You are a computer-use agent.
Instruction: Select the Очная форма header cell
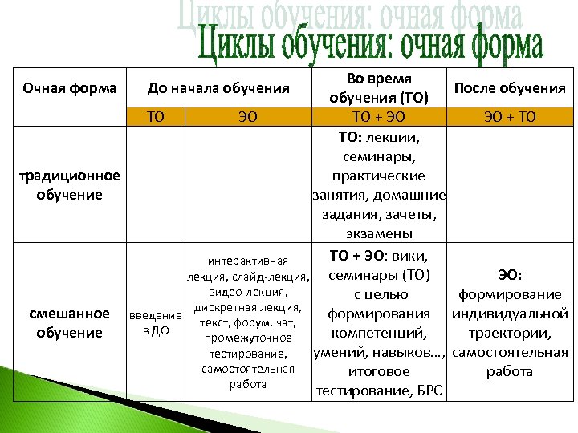[x=68, y=87]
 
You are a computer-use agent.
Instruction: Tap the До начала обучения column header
[x=218, y=87]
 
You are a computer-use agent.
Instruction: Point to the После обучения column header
[x=510, y=88]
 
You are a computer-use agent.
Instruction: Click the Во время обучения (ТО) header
[x=378, y=88]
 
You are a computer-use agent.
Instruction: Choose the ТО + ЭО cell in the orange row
[x=379, y=117]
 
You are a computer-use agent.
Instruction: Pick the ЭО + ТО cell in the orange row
[x=510, y=117]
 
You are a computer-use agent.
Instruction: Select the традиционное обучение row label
[x=69, y=184]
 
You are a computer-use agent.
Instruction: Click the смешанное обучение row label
[x=69, y=322]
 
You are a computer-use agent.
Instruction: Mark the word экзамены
[x=379, y=233]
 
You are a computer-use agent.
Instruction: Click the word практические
[x=379, y=175]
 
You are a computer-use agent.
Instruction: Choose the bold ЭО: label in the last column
[x=510, y=275]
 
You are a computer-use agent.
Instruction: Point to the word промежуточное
[x=246, y=338]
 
